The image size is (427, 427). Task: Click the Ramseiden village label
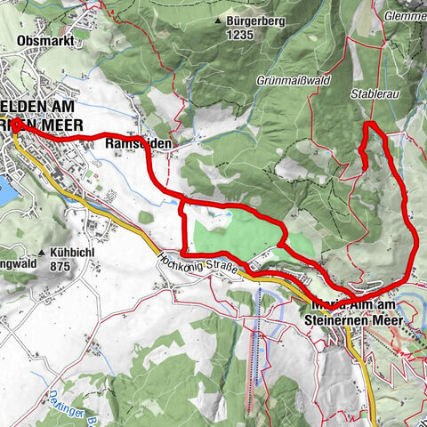point(137,142)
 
